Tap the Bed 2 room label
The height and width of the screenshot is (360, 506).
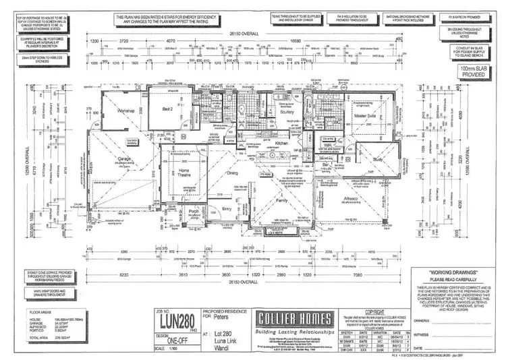[169, 109]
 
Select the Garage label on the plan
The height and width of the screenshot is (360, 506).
[123, 159]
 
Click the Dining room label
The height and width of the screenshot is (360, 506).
[232, 173]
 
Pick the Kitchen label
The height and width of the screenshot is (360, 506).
[282, 144]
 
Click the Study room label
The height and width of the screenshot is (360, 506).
[376, 159]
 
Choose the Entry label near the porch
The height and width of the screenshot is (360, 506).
[226, 210]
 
